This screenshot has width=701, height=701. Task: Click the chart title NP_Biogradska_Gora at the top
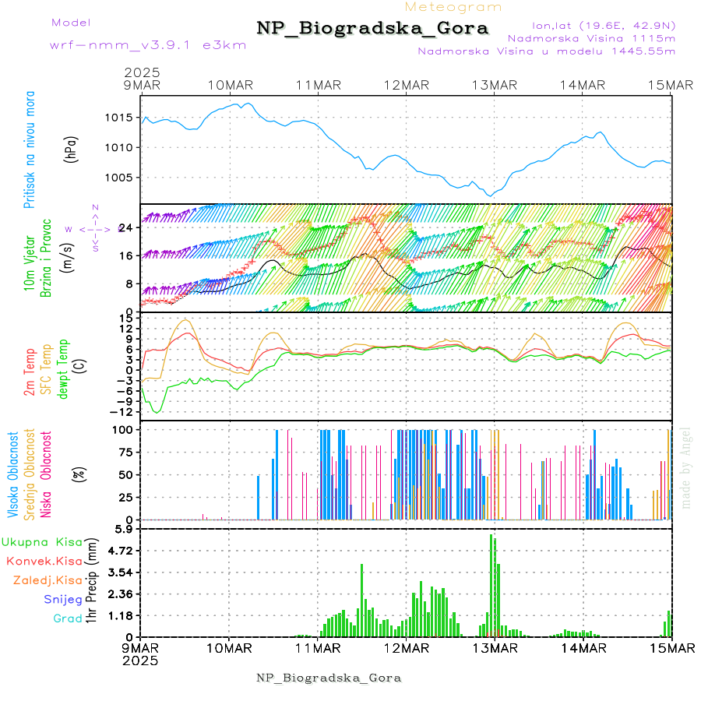[372, 29]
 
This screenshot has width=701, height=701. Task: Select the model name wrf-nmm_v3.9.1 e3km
[148, 44]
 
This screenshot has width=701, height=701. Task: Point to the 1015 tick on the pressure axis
[119, 118]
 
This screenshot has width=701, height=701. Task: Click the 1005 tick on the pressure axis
[119, 178]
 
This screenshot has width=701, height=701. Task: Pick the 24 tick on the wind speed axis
[125, 227]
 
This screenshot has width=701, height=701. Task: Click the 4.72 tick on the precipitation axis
[120, 551]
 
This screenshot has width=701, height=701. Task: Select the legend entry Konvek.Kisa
[44, 561]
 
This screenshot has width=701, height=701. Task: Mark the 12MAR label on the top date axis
[406, 84]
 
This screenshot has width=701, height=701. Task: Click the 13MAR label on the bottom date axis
[495, 648]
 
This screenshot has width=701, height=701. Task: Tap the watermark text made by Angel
[686, 467]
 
